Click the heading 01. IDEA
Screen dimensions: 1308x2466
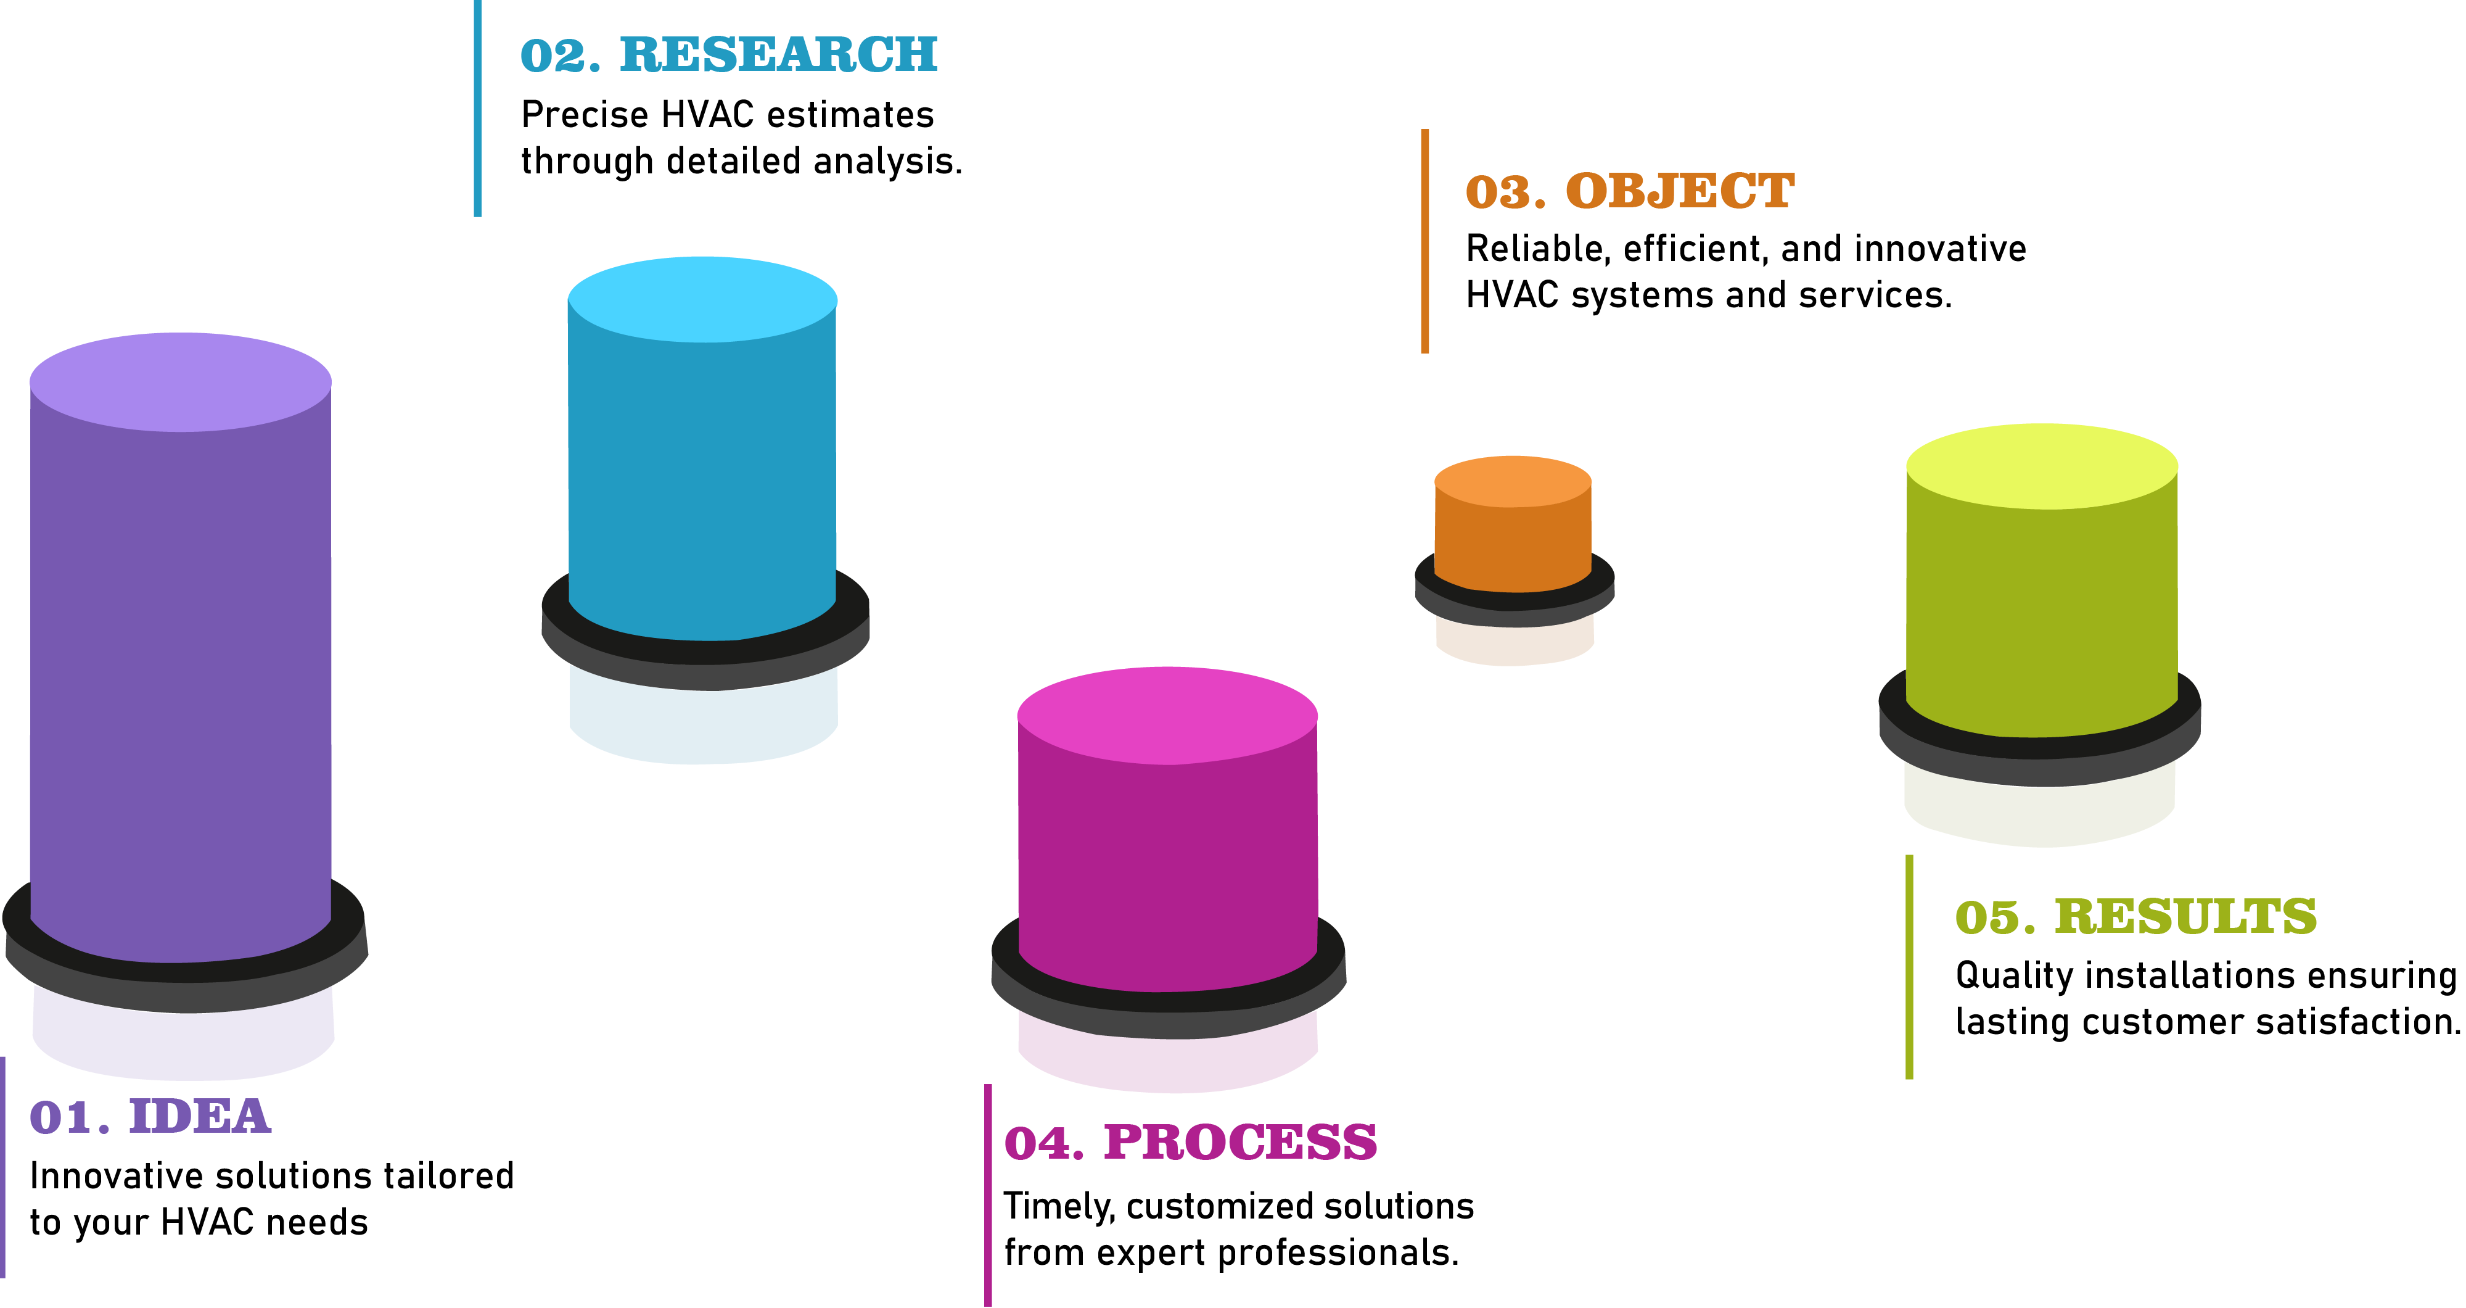150,1117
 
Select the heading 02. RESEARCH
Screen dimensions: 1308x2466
728,54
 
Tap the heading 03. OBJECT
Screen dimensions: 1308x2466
1629,191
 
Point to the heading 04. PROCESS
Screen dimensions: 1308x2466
1190,1143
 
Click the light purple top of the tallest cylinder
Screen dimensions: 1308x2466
180,381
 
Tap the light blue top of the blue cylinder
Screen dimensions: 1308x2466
702,299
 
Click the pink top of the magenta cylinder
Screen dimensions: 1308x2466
1167,714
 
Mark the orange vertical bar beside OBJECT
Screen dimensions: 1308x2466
1424,241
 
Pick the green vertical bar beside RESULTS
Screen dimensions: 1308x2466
1909,967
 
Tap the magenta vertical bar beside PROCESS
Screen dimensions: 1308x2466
988,1195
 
